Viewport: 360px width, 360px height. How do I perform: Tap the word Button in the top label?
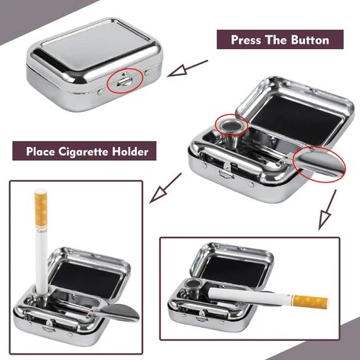(x=306, y=39)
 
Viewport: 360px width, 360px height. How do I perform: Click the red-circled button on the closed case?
(x=125, y=79)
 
